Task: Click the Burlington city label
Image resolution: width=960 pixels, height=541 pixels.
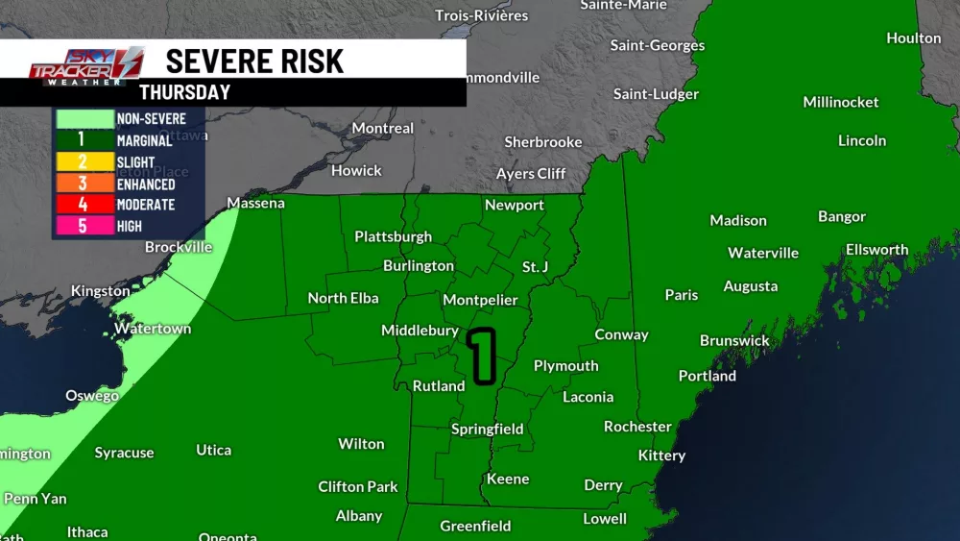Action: tap(419, 265)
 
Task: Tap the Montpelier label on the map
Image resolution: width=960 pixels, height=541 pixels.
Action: tap(480, 301)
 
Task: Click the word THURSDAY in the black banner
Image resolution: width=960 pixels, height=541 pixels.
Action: tap(184, 92)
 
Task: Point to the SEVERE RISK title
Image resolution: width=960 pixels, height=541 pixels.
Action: tap(254, 61)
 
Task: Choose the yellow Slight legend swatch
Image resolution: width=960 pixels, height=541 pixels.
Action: tap(82, 161)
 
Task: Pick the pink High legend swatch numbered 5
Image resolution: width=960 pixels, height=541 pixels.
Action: tap(82, 227)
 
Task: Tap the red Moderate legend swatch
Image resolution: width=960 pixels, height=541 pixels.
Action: tap(82, 205)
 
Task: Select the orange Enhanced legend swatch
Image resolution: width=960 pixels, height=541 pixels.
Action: tap(82, 184)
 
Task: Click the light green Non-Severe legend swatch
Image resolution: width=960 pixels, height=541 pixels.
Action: tap(82, 118)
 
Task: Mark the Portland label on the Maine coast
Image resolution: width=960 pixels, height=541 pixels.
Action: tap(708, 376)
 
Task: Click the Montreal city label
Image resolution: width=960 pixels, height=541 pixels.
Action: tap(383, 128)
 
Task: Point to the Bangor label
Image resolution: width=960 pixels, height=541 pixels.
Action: tap(842, 216)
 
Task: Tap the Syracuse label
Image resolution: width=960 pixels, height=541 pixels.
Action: tap(124, 453)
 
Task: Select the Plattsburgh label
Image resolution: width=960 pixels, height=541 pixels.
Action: tap(393, 236)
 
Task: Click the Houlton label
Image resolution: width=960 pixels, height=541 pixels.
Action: tap(914, 38)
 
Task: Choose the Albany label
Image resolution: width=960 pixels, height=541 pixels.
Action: tap(359, 516)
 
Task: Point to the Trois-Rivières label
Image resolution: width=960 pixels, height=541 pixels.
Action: tap(482, 15)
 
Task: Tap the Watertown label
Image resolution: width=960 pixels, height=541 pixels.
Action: tap(153, 329)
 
